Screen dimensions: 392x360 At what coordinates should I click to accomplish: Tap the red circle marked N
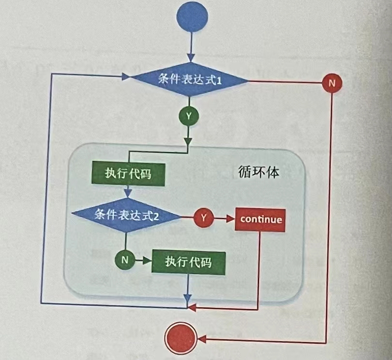coord(332,83)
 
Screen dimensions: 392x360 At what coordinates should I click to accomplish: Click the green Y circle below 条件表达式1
coord(188,116)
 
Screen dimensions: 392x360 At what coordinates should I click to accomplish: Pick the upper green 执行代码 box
coord(128,173)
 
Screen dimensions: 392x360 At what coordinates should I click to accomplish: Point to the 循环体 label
coord(259,172)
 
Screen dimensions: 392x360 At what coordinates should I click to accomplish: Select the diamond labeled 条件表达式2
coord(126,215)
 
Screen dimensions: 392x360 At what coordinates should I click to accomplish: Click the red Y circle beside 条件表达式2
coord(203,218)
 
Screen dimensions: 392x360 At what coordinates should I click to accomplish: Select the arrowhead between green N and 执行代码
coord(146,260)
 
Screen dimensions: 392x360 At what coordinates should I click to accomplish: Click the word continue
coord(260,219)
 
